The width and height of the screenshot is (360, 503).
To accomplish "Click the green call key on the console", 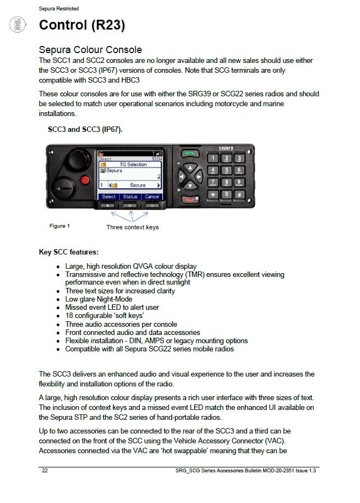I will tap(189, 155).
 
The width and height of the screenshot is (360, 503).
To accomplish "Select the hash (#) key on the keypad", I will tap(239, 194).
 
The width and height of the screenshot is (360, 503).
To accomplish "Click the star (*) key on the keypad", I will tap(213, 194).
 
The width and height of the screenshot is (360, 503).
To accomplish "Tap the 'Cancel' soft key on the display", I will tap(152, 196).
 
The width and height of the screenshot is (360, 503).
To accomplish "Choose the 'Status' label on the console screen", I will tap(130, 196).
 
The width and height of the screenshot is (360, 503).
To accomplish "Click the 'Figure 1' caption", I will tap(60, 226).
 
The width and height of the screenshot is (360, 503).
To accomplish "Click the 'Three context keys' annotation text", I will tap(132, 227).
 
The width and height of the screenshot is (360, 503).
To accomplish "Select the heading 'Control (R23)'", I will tap(82, 25).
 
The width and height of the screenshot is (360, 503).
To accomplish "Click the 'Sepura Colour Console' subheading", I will tap(90, 50).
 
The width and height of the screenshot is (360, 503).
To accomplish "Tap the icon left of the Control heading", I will tap(18, 25).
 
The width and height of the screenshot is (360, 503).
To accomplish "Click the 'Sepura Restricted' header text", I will tap(59, 9).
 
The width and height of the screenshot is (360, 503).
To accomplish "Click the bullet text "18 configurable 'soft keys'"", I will tap(104, 316).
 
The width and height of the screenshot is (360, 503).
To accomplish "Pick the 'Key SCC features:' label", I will tap(68, 252).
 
